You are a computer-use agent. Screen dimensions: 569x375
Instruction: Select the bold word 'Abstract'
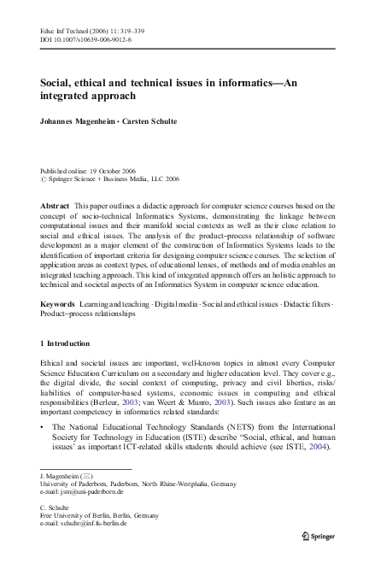point(56,208)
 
